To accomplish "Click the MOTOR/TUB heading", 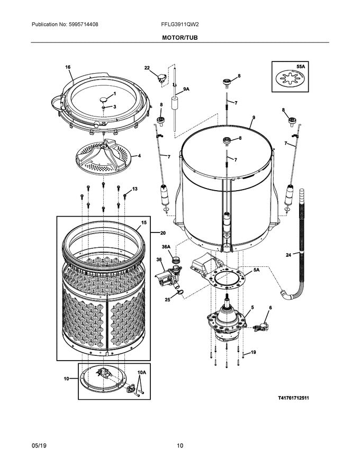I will point(180,38).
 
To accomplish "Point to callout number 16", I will point(68,67).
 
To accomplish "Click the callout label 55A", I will point(301,67).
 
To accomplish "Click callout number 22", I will point(147,68).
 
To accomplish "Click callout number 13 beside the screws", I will point(134,189).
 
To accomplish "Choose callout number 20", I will point(163,233).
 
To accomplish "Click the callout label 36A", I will point(166,247).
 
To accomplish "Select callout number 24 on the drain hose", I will point(289,255).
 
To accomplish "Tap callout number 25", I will point(167,299).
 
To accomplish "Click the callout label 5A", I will point(256,270).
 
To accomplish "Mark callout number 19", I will point(253,352).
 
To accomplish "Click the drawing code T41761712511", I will point(286,398).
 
